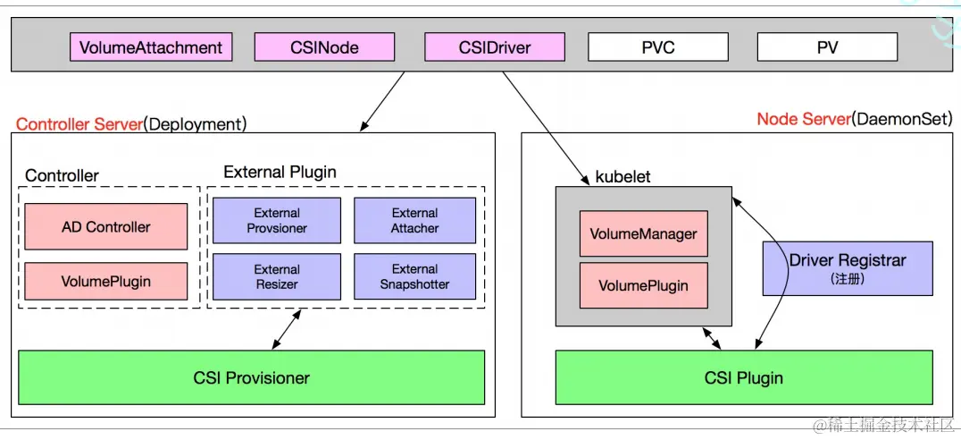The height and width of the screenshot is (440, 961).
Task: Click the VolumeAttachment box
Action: coord(151,47)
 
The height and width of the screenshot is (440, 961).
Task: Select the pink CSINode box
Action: coord(324,47)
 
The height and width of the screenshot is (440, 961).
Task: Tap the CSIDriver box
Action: coord(494,47)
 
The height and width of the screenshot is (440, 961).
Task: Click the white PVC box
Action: coord(657,47)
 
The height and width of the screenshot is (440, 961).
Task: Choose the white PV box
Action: coord(827,47)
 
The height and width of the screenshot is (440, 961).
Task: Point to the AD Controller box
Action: coord(105,226)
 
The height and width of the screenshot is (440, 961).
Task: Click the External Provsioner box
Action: coord(276,221)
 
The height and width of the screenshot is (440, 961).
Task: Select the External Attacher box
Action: coord(414,221)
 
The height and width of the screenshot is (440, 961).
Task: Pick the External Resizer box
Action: coord(276,276)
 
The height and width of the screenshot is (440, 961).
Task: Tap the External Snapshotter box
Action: coord(414,276)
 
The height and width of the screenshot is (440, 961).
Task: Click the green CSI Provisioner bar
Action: coord(251,377)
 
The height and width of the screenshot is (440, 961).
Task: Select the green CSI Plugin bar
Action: coord(743,377)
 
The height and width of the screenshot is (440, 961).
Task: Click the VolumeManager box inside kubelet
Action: coord(643,234)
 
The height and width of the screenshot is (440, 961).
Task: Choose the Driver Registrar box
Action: coord(847,267)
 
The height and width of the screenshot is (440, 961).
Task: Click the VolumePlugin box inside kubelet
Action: coord(643,285)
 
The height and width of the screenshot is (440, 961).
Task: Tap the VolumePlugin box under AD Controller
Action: coord(105,281)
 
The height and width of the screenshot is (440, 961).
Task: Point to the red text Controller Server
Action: coord(79,124)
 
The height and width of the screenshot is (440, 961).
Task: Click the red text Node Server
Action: coord(803,119)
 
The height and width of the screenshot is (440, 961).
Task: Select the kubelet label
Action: coord(623,177)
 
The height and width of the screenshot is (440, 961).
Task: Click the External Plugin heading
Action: coord(280,172)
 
